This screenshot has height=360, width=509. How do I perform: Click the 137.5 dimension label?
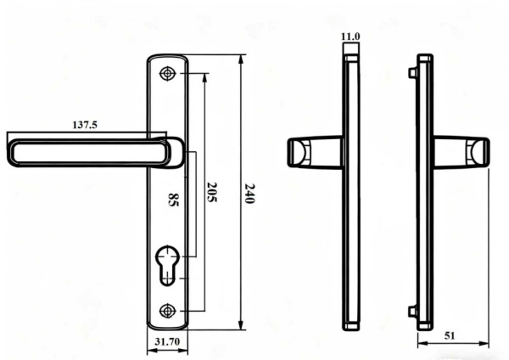[x=85, y=125]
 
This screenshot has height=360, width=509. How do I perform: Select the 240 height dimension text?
[x=250, y=193]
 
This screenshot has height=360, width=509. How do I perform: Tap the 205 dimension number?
[x=211, y=193]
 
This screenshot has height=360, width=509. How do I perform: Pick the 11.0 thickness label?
[x=350, y=37]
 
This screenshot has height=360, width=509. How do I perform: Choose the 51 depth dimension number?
[x=450, y=336]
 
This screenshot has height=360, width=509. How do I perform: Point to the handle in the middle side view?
[x=305, y=153]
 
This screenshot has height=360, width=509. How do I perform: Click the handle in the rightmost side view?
[x=462, y=153]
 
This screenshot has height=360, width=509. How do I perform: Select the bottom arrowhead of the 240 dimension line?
[x=241, y=327]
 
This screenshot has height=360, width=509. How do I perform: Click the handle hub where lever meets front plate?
[x=172, y=153]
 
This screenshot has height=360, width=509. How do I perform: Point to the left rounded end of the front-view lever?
[x=11, y=154]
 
